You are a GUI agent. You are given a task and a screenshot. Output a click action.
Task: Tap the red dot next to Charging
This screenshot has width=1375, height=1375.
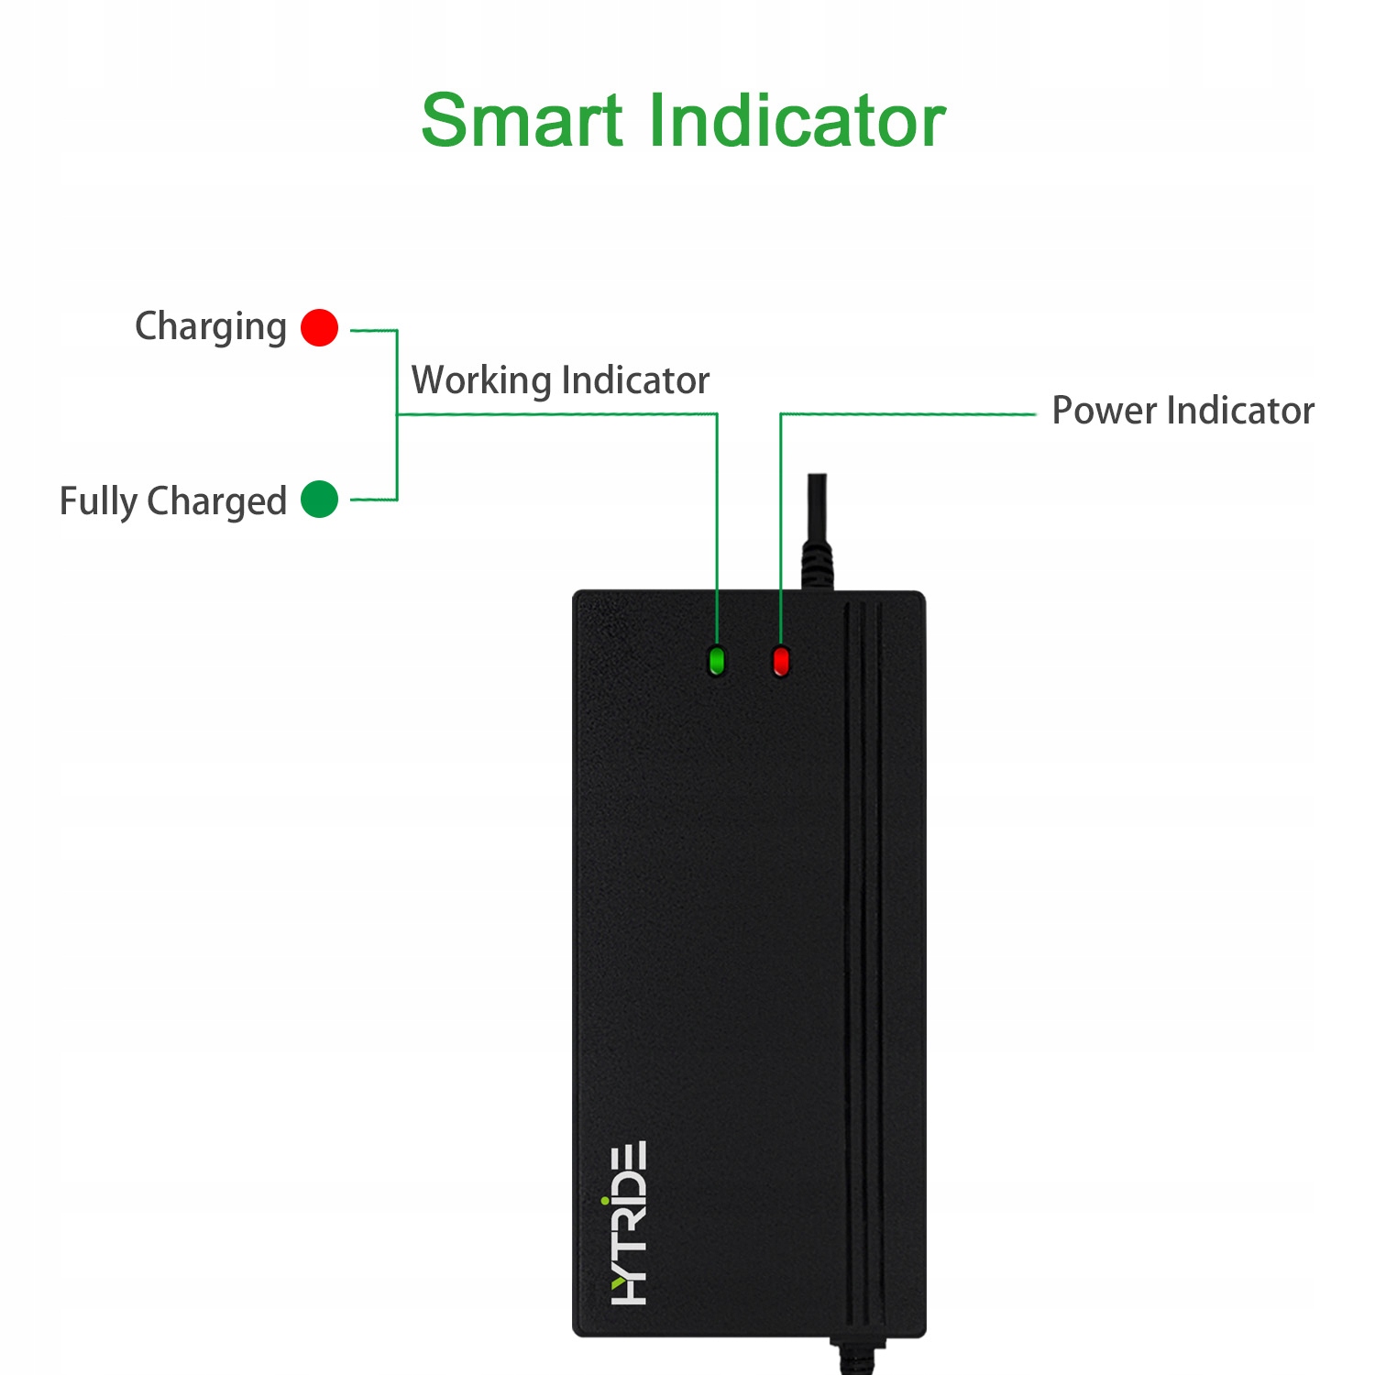(x=319, y=327)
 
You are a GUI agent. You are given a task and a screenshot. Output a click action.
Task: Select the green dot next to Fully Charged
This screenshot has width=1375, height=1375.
(x=319, y=499)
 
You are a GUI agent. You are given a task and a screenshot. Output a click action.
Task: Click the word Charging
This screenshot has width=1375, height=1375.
(x=211, y=327)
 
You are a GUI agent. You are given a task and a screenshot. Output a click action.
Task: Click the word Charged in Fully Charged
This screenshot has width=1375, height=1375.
(x=216, y=502)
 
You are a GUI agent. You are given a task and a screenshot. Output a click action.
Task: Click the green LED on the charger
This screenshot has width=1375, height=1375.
(x=717, y=660)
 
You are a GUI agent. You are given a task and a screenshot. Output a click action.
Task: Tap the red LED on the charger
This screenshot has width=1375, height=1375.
(x=781, y=660)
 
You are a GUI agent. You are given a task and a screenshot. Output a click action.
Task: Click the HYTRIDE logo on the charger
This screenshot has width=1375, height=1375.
(x=629, y=1223)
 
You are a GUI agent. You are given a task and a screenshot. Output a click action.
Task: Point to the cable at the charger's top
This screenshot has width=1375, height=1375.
(x=816, y=532)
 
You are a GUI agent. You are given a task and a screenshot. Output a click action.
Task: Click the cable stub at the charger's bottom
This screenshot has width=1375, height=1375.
(x=856, y=1356)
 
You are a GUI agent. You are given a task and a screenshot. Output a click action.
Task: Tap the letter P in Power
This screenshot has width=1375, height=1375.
(x=1063, y=411)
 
